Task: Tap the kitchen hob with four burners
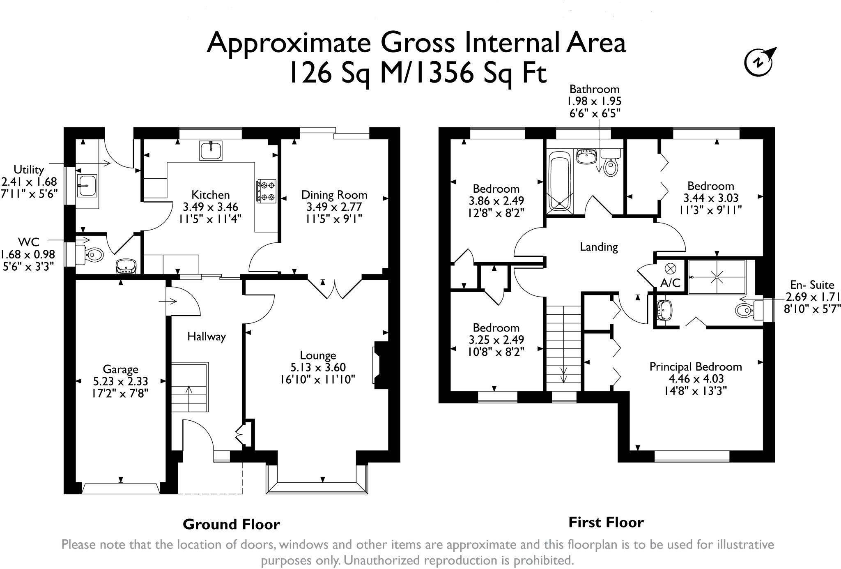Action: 266,191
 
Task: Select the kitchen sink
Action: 211,150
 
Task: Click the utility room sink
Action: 87,185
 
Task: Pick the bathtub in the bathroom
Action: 559,180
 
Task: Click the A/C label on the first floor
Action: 670,283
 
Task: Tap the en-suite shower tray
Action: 717,277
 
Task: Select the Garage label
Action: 120,369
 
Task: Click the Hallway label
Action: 207,337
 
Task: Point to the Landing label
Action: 599,247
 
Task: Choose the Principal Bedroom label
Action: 696,366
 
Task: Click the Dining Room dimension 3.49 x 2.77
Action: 334,207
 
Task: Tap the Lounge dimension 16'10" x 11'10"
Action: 317,379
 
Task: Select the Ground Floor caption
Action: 231,524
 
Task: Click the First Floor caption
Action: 606,523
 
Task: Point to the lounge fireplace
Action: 380,365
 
